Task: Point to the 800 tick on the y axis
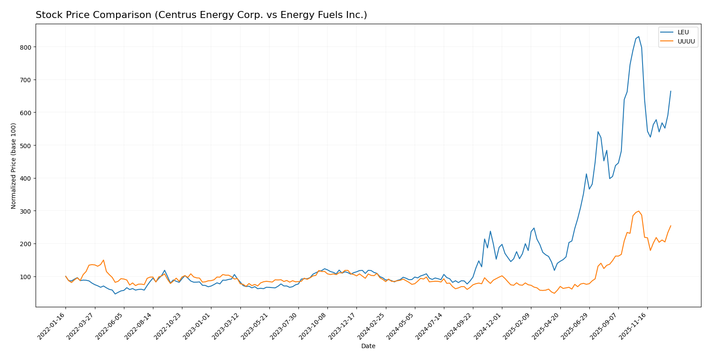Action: coord(27,47)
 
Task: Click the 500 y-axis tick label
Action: coord(27,145)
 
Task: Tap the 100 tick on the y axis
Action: coord(27,276)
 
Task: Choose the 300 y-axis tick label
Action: coord(27,211)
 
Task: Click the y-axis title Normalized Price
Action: coord(14,166)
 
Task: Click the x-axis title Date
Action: coord(368,346)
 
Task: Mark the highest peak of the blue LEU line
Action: coord(639,36)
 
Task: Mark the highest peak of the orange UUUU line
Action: coord(639,211)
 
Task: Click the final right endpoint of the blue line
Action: coord(671,91)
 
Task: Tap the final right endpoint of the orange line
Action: coord(671,226)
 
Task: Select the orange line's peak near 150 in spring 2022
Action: coord(103,260)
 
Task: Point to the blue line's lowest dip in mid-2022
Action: coord(115,294)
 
